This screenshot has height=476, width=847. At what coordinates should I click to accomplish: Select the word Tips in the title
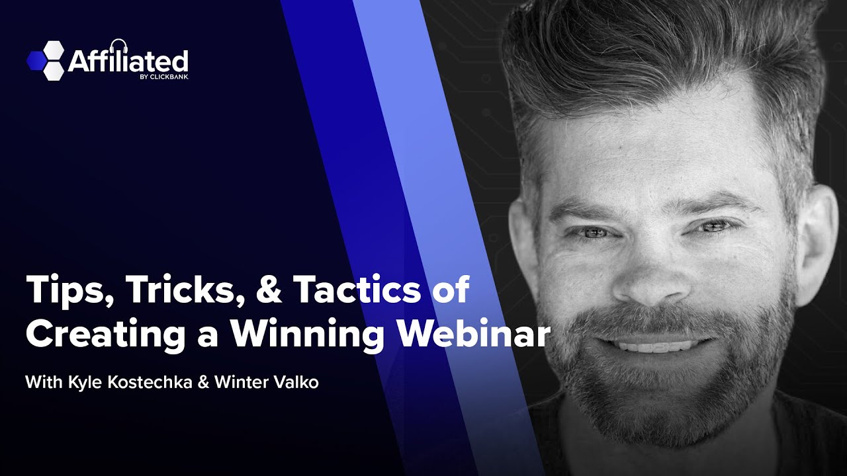click(64, 292)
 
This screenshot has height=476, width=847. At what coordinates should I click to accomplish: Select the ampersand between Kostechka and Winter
click(203, 383)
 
